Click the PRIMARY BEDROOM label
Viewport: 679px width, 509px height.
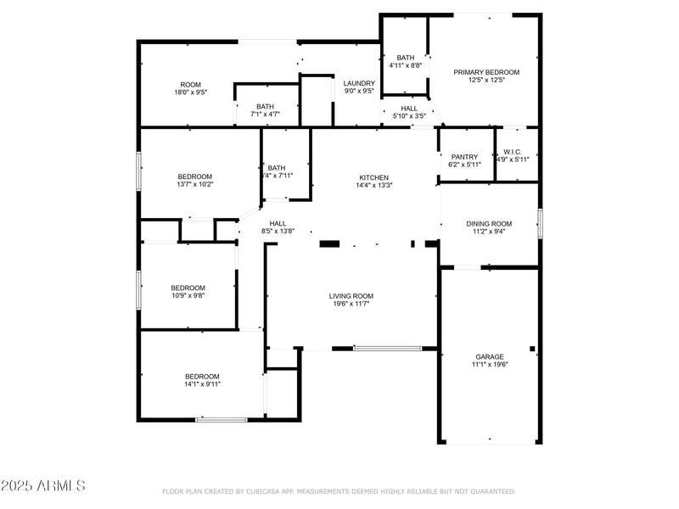click(x=485, y=72)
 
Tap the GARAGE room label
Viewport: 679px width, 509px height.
click(x=489, y=356)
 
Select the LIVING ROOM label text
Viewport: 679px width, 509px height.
click(x=351, y=296)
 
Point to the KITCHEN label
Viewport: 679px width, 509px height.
click(x=373, y=177)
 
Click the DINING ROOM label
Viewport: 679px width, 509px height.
click(x=489, y=223)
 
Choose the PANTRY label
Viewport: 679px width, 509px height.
click(x=464, y=156)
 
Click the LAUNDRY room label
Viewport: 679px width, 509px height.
click(x=359, y=83)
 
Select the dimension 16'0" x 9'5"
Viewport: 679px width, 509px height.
click(x=190, y=92)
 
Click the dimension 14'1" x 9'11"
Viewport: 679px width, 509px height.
click(x=202, y=384)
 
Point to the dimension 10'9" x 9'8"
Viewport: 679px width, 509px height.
click(x=188, y=296)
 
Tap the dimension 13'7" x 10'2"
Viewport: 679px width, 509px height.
click(x=194, y=184)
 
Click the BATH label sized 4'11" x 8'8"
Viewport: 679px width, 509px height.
click(x=405, y=58)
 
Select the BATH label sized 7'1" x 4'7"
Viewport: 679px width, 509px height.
click(x=265, y=106)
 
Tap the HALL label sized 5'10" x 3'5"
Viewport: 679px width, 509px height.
click(x=409, y=109)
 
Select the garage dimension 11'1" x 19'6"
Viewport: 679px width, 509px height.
click(x=489, y=365)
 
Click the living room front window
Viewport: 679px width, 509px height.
click(x=387, y=348)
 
